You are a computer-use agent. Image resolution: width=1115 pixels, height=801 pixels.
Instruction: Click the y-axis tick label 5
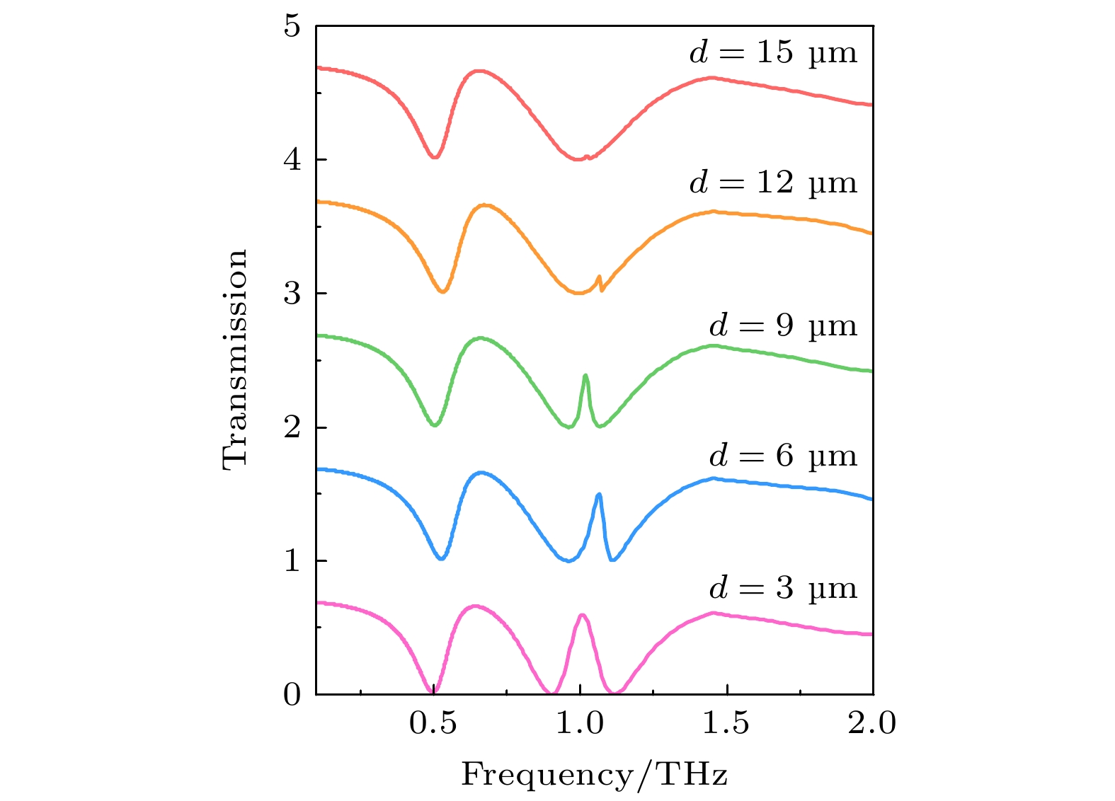point(292,27)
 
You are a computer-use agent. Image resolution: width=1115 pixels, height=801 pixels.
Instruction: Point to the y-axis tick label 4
point(292,160)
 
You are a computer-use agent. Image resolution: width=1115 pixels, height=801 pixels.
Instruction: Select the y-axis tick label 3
point(292,294)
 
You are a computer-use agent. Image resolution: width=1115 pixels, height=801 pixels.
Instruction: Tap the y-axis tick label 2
point(292,427)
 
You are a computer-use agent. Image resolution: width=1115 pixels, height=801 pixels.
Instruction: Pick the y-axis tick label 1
point(292,561)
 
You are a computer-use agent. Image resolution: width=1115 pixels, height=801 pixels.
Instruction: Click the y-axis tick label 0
point(292,695)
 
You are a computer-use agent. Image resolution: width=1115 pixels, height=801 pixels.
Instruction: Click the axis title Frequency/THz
point(595,775)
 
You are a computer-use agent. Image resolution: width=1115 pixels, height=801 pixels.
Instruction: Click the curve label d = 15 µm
point(773,53)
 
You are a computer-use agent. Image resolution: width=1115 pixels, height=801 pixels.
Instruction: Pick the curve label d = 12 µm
point(773,183)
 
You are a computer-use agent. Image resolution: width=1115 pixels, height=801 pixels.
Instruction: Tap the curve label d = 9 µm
point(783,326)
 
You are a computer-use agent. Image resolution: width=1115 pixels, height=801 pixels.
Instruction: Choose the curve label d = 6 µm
point(783,456)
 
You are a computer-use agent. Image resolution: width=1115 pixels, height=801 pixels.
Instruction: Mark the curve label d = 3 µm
point(783,589)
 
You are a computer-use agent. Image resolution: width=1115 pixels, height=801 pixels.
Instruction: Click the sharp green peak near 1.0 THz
point(585,376)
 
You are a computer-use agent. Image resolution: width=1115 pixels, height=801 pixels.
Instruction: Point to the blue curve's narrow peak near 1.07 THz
point(600,495)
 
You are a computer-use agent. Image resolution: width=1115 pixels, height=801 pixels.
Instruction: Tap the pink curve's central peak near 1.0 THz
point(582,615)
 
